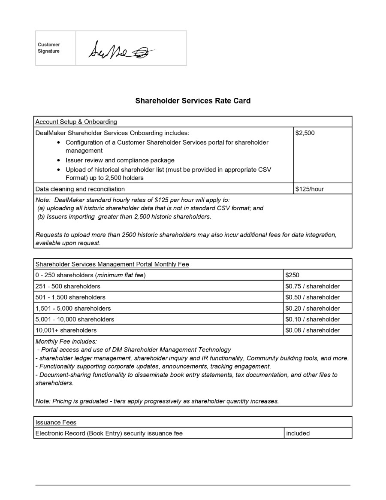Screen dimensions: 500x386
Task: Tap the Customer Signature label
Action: [49, 48]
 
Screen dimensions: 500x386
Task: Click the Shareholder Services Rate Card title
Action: [193, 101]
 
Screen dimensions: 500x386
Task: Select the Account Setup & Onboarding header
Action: [76, 122]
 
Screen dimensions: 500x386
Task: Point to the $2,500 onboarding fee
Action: [305, 133]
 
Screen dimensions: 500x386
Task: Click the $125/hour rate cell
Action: [310, 189]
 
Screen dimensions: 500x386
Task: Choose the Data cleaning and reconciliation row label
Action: [80, 189]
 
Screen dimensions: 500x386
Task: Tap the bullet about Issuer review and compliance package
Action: [120, 160]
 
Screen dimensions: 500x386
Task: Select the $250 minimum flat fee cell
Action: [292, 275]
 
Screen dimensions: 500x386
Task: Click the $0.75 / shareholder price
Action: [312, 286]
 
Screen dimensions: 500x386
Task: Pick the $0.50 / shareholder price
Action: [312, 297]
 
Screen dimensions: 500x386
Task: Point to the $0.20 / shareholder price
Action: [312, 308]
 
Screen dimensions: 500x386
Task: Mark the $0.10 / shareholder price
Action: [312, 319]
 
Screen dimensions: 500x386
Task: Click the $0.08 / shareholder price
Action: [312, 330]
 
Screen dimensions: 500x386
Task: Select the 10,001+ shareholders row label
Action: [66, 330]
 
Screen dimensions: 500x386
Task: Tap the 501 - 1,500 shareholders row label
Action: [70, 297]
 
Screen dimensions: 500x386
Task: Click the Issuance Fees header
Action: [56, 422]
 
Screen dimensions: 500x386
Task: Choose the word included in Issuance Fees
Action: [298, 433]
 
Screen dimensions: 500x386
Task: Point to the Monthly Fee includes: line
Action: [66, 342]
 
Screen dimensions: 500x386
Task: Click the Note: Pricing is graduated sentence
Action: [157, 401]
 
